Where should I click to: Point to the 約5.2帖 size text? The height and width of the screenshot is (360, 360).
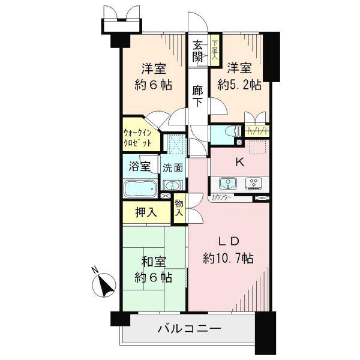[x=239, y=85]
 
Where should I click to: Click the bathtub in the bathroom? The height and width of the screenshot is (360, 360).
[x=140, y=188]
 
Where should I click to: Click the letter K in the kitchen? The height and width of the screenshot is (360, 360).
[x=239, y=161]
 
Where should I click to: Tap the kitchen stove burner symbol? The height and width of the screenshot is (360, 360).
[x=253, y=183]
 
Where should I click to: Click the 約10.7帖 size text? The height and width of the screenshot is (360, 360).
[x=228, y=259]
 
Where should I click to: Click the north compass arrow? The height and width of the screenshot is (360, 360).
[x=106, y=283]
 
